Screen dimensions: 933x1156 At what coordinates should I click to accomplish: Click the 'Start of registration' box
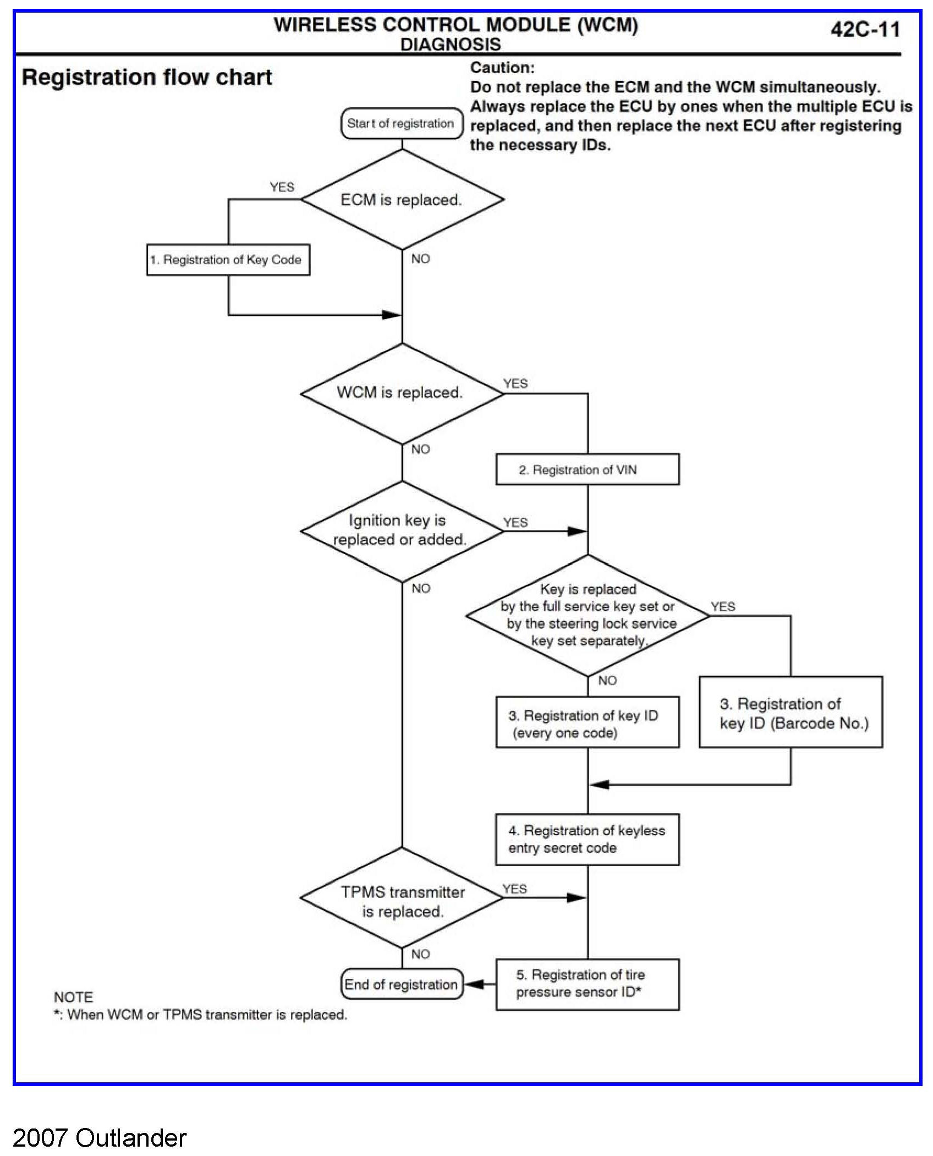click(402, 123)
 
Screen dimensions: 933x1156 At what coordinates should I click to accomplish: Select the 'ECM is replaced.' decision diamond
click(402, 199)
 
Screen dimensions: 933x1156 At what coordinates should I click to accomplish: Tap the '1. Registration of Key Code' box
click(228, 260)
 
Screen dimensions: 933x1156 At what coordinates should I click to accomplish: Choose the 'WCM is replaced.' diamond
click(402, 393)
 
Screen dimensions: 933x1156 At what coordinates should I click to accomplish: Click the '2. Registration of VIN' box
click(588, 469)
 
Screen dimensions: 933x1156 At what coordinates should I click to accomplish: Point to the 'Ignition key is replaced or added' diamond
click(402, 531)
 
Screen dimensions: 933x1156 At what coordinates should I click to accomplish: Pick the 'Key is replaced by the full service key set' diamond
click(588, 615)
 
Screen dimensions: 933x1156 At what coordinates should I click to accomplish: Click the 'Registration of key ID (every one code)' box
click(588, 722)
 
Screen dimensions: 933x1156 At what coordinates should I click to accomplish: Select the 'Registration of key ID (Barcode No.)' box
click(791, 712)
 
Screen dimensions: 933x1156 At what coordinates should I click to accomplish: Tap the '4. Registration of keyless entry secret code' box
click(588, 840)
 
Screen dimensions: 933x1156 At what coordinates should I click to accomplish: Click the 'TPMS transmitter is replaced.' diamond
click(402, 897)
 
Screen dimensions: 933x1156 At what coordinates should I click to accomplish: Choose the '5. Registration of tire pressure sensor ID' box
click(588, 984)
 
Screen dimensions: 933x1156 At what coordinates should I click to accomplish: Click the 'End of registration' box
click(402, 984)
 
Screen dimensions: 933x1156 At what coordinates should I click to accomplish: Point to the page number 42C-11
click(865, 29)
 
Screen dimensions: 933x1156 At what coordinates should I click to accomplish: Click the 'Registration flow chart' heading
click(147, 78)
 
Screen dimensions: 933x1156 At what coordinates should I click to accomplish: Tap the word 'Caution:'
click(502, 68)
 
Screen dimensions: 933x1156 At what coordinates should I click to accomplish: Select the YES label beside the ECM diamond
click(282, 187)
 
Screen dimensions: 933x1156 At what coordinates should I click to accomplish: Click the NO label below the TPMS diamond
click(420, 954)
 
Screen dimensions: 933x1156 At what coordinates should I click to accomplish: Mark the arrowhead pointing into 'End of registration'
click(473, 984)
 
